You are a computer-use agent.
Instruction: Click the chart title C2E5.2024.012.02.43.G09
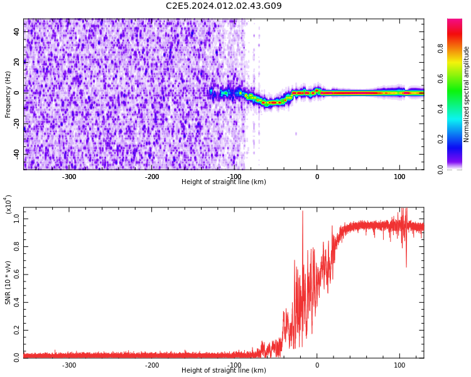pyautogui.click(x=224, y=6)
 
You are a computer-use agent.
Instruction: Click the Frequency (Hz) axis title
pyautogui.click(x=8, y=94)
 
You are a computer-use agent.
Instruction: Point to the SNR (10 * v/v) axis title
pyautogui.click(x=8, y=283)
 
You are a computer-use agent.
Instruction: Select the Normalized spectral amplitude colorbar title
pyautogui.click(x=467, y=94)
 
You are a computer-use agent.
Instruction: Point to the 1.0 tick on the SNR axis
pyautogui.click(x=16, y=219)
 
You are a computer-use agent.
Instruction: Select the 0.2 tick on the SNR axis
pyautogui.click(x=16, y=329)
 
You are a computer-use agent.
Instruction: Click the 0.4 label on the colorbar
pyautogui.click(x=440, y=109)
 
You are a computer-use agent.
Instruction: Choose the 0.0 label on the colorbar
pyautogui.click(x=440, y=168)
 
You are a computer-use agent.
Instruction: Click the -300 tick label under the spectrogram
pyautogui.click(x=69, y=177)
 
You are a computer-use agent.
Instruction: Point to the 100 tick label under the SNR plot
pyautogui.click(x=399, y=365)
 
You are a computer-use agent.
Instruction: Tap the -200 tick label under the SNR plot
pyautogui.click(x=151, y=365)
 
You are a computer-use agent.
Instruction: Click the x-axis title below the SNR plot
pyautogui.click(x=224, y=371)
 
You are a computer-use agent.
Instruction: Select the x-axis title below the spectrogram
pyautogui.click(x=224, y=182)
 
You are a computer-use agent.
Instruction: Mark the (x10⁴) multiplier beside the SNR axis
pyautogui.click(x=8, y=204)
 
